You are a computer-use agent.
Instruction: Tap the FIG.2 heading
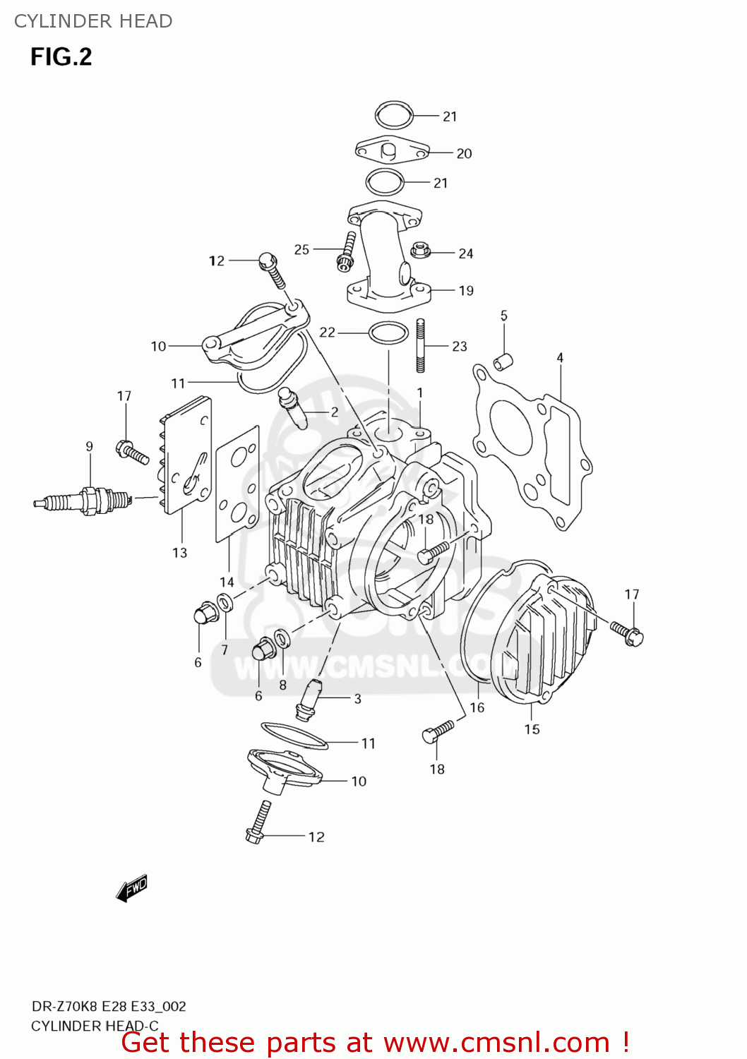coord(61,56)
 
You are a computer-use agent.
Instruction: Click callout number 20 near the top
coord(464,153)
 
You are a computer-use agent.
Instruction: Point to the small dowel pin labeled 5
coord(503,361)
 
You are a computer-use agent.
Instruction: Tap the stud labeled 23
coord(421,345)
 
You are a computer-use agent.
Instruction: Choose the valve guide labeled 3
coord(309,700)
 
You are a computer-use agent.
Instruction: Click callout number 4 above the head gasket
coord(560,358)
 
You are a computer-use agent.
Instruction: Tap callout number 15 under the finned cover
coord(532,729)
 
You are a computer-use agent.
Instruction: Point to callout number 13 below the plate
coord(180,553)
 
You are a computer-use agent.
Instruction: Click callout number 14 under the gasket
coord(227,582)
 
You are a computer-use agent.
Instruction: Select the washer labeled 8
coord(282,639)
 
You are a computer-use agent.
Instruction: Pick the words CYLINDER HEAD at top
coord(93,21)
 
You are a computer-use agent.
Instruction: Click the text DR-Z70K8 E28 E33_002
coord(109,1006)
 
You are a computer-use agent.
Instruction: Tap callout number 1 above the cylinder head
coord(420,393)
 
